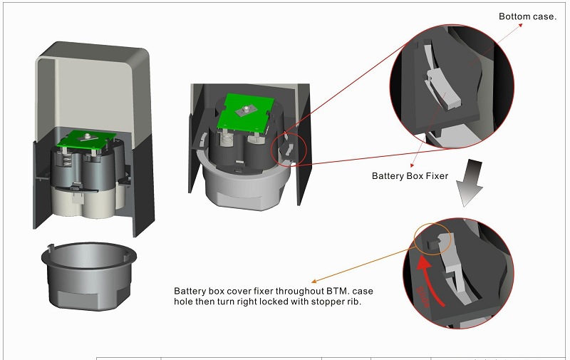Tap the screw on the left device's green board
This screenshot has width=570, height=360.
coord(89,135)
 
